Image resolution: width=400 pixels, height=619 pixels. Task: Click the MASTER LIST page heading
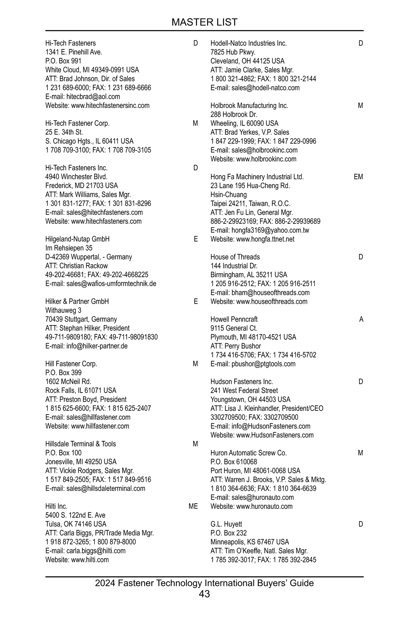coord(204,22)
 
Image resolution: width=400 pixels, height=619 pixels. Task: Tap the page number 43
coord(204,594)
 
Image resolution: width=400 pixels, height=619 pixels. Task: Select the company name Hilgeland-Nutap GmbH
coord(77,239)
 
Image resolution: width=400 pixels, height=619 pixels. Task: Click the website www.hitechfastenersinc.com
coord(110,106)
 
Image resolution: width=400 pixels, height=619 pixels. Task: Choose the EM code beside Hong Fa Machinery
coord(358,177)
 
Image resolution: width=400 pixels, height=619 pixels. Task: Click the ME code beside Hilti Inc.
coord(193,506)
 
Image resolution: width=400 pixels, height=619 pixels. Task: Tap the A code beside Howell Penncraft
coord(361,320)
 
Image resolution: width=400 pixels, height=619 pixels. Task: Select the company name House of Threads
coord(235,257)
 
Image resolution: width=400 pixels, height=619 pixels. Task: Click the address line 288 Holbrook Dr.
coord(234,115)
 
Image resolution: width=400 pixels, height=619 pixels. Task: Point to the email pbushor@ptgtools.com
coord(263,364)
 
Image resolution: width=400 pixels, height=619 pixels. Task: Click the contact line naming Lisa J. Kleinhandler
coord(267,409)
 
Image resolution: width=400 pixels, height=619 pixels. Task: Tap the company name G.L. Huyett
coord(226,524)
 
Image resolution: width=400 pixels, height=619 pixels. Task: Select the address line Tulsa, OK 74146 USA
coord(76,524)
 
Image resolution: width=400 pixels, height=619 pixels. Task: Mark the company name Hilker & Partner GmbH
coord(77,301)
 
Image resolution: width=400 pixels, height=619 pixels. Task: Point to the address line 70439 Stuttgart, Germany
coord(81,320)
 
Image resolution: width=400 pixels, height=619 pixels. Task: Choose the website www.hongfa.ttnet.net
coord(265,239)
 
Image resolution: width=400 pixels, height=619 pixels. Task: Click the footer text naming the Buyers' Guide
coord(204,583)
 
